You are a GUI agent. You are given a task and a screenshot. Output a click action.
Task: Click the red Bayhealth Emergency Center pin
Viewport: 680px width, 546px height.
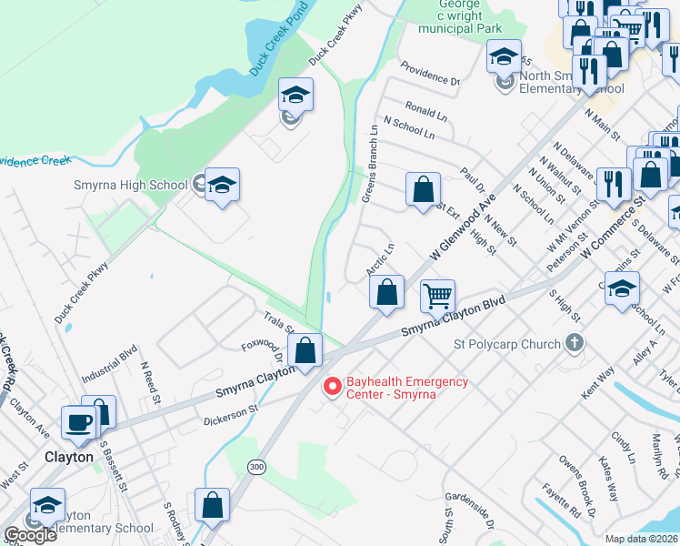tap(332, 388)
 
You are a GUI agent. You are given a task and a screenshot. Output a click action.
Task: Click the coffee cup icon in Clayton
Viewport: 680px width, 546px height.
tap(78, 423)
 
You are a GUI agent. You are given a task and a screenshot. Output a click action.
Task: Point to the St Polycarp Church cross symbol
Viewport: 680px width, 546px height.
tap(574, 344)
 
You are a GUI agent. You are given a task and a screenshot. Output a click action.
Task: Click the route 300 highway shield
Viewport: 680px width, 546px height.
tap(258, 467)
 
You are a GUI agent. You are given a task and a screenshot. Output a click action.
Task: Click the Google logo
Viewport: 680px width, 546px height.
tap(29, 535)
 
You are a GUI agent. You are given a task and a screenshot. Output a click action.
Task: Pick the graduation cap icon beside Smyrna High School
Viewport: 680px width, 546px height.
tap(222, 186)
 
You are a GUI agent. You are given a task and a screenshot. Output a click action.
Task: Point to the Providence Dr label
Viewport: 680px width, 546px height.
tap(430, 74)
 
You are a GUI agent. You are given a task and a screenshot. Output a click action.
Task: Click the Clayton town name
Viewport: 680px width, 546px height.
tap(68, 457)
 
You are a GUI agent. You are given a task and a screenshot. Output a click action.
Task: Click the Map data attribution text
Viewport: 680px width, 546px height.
tap(642, 539)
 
